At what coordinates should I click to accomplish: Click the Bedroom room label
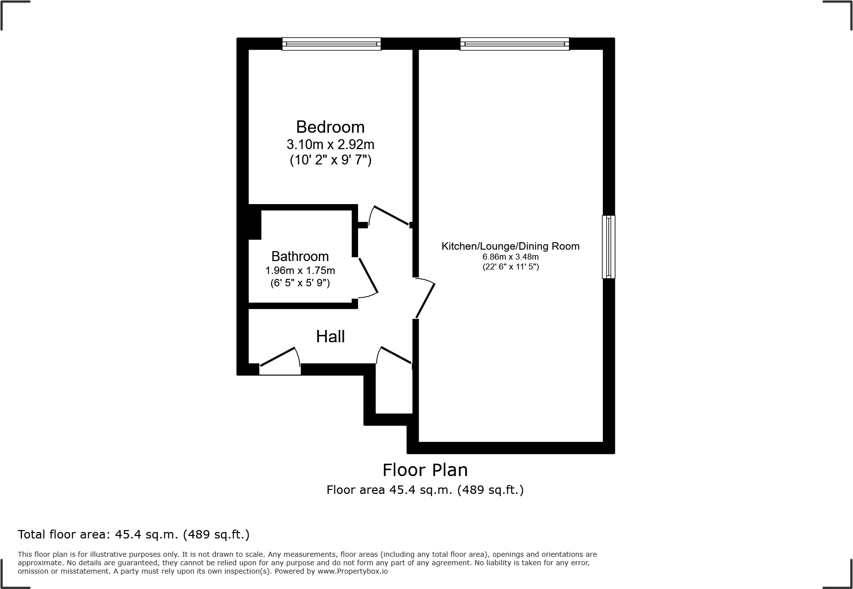click(330, 127)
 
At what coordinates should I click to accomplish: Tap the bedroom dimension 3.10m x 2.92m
click(330, 145)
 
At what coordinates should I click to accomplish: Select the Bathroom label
click(300, 257)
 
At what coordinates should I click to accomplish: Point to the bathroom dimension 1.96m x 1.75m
click(300, 270)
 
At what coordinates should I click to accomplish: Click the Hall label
click(330, 337)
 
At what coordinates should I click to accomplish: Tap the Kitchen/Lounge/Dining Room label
click(510, 246)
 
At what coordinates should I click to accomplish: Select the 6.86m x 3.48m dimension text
click(510, 257)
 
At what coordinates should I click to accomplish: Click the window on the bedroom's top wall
click(331, 44)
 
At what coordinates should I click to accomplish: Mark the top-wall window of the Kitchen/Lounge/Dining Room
click(514, 44)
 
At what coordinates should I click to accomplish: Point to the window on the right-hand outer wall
click(608, 247)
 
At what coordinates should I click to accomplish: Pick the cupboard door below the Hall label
click(395, 355)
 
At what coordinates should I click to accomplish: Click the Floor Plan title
click(425, 470)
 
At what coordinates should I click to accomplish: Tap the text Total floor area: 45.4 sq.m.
click(133, 535)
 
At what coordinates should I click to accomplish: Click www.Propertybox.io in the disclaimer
click(352, 571)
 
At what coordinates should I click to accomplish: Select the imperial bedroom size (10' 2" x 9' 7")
click(330, 161)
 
